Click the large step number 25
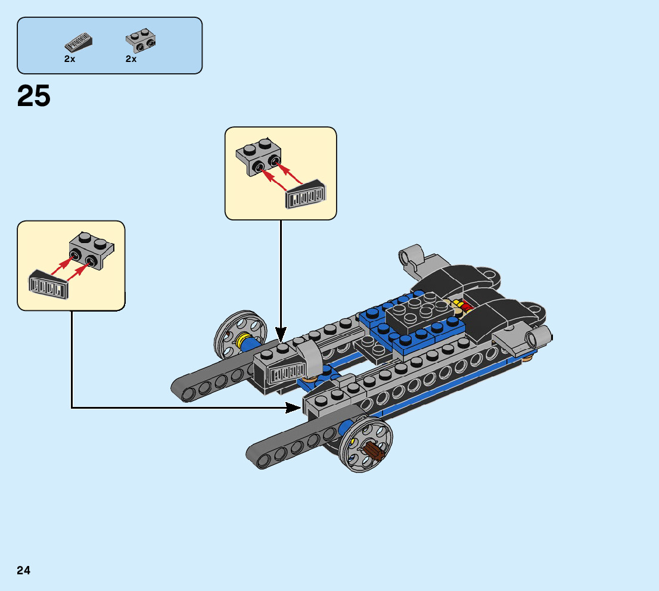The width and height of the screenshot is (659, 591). (x=34, y=96)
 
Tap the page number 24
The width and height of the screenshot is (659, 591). (x=24, y=570)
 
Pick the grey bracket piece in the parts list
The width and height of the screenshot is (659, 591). (x=141, y=40)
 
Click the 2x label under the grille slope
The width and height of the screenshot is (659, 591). (x=70, y=59)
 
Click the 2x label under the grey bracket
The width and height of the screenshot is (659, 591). (x=131, y=59)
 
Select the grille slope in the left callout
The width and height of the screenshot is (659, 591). (x=48, y=285)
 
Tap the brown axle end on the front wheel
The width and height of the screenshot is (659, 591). (x=374, y=451)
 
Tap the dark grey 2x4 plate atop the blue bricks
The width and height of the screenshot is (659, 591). (x=419, y=316)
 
